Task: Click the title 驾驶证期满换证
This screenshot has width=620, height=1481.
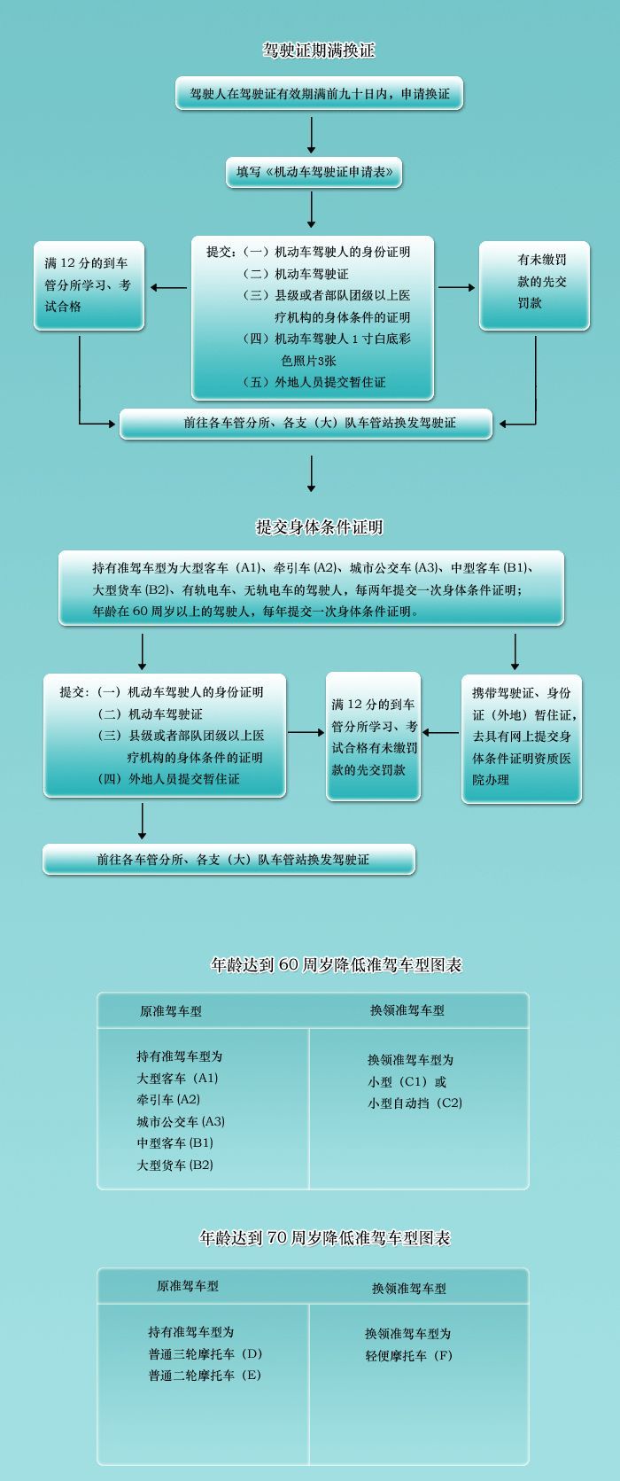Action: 319,51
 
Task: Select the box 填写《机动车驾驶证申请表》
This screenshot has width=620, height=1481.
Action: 314,172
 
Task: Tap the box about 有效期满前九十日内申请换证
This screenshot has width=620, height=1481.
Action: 319,93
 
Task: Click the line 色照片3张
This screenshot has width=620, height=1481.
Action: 308,361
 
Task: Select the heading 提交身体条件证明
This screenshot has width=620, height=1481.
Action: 319,527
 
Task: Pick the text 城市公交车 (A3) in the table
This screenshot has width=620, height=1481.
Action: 181,1121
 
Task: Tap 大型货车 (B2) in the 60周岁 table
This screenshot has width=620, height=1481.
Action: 175,1165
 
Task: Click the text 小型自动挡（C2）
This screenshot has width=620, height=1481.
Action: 415,1103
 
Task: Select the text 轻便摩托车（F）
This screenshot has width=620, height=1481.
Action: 408,1355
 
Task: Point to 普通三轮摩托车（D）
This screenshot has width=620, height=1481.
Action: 205,1354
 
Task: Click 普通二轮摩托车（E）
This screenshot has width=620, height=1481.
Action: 205,1376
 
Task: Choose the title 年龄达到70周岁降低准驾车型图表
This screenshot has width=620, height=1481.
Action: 325,1238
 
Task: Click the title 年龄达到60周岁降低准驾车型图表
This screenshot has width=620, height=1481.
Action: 337,965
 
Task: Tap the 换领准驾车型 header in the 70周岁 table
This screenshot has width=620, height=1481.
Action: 409,1289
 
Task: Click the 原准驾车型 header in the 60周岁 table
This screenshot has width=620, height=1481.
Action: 171,1011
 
